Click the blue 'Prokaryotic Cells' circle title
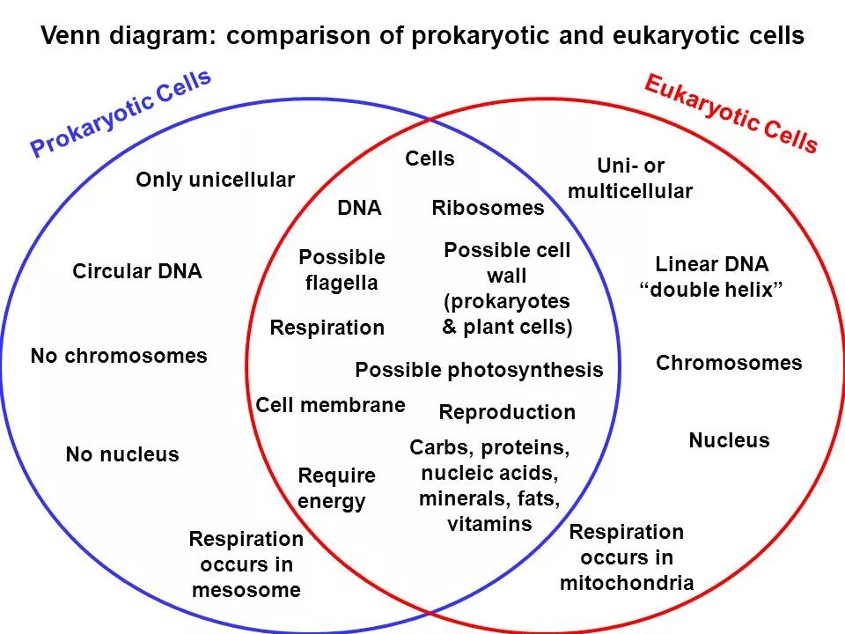(x=121, y=114)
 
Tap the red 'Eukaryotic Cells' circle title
(x=731, y=114)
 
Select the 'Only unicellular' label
(x=215, y=180)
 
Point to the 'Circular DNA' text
(x=137, y=271)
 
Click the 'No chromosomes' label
(x=119, y=356)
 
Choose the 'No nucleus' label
(x=122, y=454)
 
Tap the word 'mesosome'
(x=246, y=590)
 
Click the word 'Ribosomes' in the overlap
(x=488, y=208)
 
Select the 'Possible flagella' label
(x=342, y=269)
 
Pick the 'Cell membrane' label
(x=330, y=405)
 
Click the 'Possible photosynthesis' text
(x=479, y=370)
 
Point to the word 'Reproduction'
(x=506, y=412)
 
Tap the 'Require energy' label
(x=335, y=489)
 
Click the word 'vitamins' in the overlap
(x=489, y=525)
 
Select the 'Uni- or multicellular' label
(x=630, y=179)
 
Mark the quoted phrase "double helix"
(x=711, y=291)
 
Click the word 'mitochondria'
(x=627, y=583)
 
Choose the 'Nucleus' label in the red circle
(x=729, y=440)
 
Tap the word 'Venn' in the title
(x=70, y=36)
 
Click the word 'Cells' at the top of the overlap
(x=430, y=158)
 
